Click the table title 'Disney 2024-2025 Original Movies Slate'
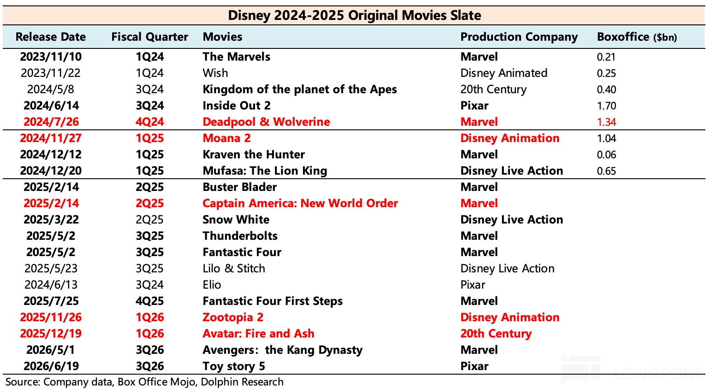click(355, 15)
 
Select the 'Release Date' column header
click(51, 37)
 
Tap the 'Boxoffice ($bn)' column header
click(637, 37)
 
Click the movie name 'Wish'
click(215, 73)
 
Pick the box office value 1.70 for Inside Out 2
click(606, 105)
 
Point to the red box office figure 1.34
click(606, 122)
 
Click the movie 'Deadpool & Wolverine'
click(266, 122)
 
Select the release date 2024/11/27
click(51, 138)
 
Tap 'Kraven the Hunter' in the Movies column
click(254, 154)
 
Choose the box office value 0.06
click(606, 155)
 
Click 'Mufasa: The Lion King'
click(265, 171)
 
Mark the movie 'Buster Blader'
click(240, 187)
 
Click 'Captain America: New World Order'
click(300, 203)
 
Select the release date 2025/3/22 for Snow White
click(51, 219)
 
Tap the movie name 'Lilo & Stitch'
click(234, 269)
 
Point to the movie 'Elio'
click(212, 285)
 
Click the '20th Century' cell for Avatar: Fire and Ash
click(496, 333)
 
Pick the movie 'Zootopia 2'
click(233, 318)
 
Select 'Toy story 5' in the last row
click(234, 366)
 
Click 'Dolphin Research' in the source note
click(242, 382)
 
